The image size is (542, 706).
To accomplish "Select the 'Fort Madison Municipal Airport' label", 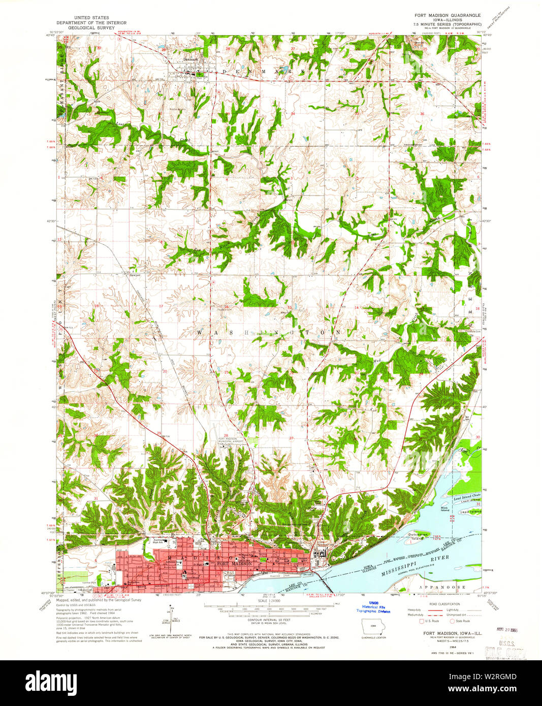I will point(231,440).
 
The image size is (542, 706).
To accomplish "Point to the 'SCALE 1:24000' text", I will point(270,601).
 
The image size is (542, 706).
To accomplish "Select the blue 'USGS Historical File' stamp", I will point(373,608).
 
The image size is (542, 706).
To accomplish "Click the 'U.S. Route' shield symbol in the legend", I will point(421,621).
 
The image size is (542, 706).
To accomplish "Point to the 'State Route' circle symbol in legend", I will point(452,621).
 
